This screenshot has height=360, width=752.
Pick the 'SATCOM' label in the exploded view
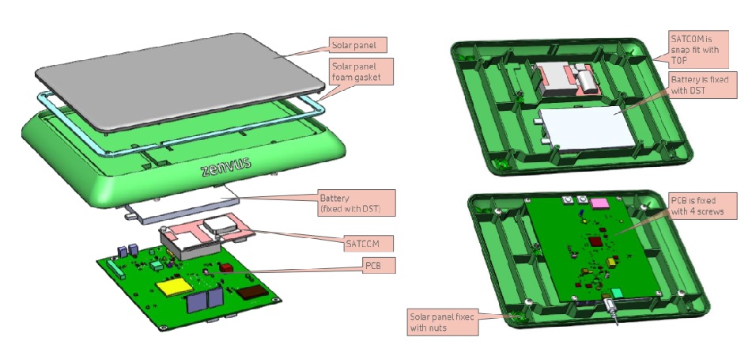click(x=366, y=239)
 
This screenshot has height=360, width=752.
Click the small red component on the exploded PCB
click(x=226, y=267)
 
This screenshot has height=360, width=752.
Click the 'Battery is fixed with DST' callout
click(x=693, y=85)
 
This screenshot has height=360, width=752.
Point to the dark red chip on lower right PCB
click(x=595, y=240)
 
